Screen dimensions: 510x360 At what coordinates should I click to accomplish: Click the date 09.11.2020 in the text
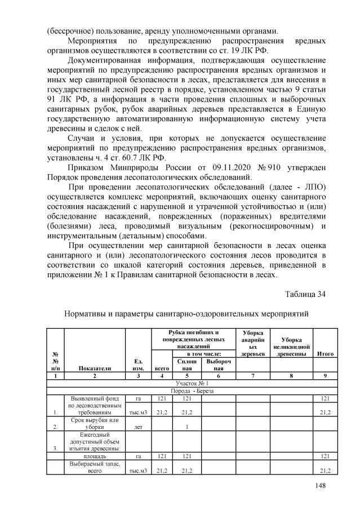(x=217, y=168)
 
